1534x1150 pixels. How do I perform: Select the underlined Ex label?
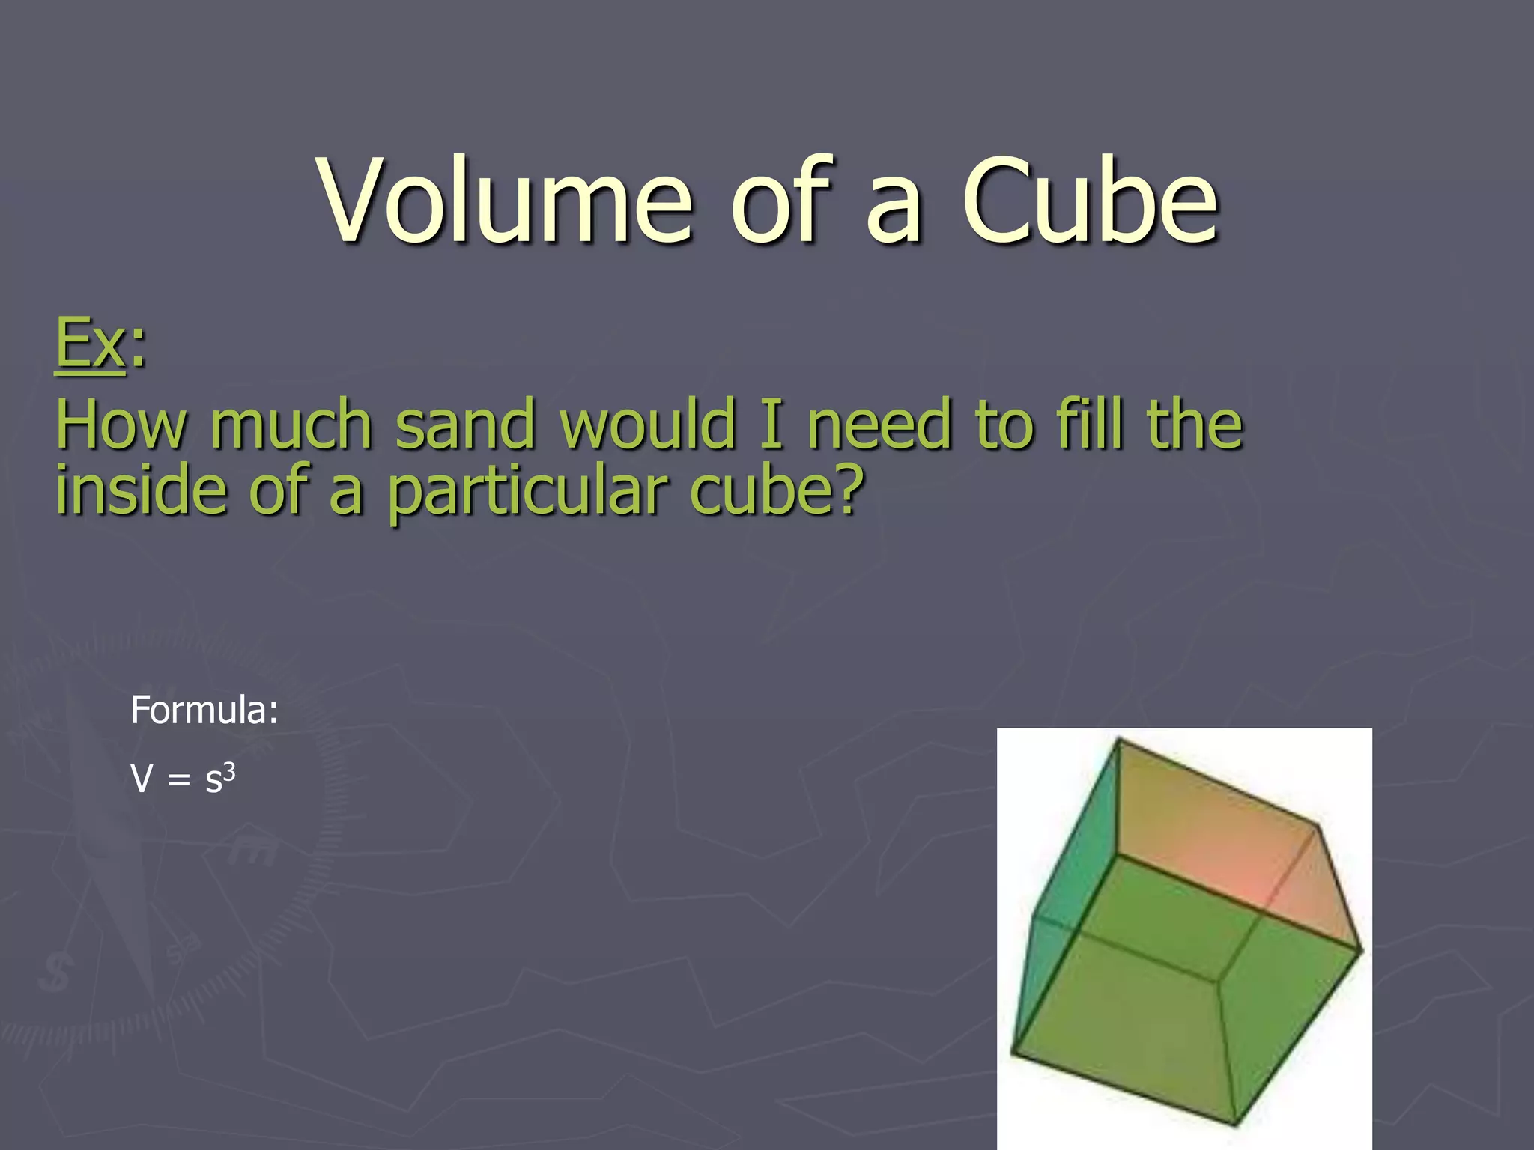tap(90, 343)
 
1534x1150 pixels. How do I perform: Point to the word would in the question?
tap(649, 425)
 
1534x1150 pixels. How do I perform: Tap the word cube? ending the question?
tap(776, 491)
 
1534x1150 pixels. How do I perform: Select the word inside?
tap(141, 491)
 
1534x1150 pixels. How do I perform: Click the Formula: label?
tap(204, 710)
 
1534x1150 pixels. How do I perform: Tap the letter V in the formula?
tap(142, 779)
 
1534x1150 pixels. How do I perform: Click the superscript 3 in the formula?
tap(230, 771)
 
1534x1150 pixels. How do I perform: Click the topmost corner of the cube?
tap(1118, 740)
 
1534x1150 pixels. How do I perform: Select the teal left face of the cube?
tap(1071, 883)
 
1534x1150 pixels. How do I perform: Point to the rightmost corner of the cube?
tap(1361, 951)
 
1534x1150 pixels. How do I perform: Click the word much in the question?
tap(291, 425)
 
